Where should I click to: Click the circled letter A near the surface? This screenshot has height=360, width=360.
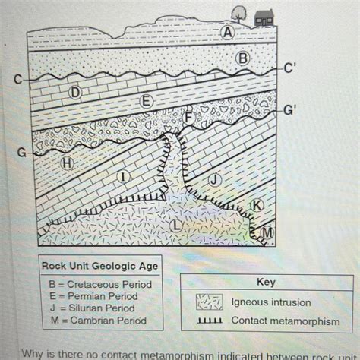click(226, 33)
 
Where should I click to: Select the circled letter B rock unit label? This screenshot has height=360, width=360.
click(242, 58)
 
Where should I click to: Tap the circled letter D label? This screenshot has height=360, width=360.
click(75, 92)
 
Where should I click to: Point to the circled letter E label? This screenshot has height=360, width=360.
click(147, 102)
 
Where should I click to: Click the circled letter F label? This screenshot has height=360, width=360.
click(188, 116)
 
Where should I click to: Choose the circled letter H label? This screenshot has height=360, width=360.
click(68, 163)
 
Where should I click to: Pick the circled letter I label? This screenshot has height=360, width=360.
click(121, 175)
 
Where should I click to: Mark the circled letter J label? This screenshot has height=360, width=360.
click(214, 179)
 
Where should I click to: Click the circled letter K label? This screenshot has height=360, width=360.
click(257, 204)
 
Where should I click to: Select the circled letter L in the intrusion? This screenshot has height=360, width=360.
click(175, 225)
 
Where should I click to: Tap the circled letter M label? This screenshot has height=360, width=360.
click(267, 232)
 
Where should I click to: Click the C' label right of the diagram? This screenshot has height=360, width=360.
click(289, 67)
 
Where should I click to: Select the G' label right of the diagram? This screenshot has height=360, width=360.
click(289, 109)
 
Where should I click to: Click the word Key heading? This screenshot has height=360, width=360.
click(266, 282)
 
